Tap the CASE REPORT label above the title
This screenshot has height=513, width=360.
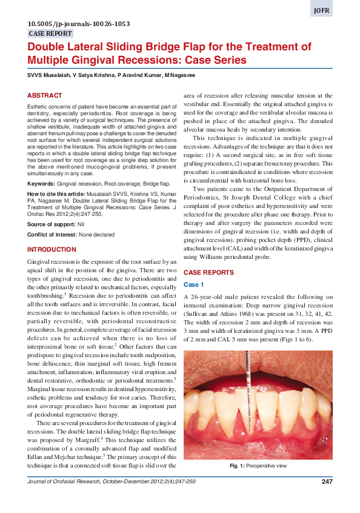click(x=50, y=34)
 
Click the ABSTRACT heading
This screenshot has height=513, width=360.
click(x=44, y=96)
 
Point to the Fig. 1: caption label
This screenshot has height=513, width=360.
click(x=237, y=466)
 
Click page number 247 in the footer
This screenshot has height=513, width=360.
click(x=327, y=481)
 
